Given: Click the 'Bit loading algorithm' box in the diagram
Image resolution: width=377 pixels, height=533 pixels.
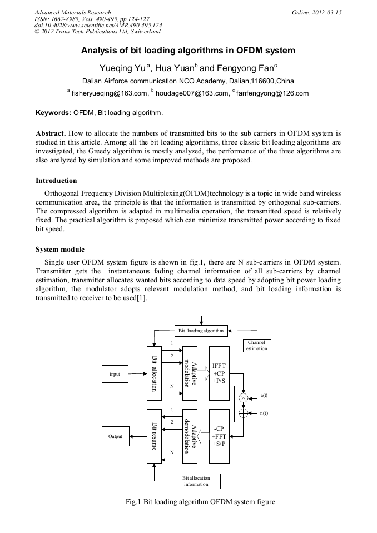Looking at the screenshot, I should pyautogui.click(x=201, y=331).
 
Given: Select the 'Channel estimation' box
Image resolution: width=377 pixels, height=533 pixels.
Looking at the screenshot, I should pyautogui.click(x=257, y=345).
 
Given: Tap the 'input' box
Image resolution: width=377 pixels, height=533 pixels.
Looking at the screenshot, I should pyautogui.click(x=115, y=374).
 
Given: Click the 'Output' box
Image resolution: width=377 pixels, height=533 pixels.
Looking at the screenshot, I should pyautogui.click(x=115, y=436).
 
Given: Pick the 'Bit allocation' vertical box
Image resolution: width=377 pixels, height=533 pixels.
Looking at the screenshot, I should pyautogui.click(x=154, y=370).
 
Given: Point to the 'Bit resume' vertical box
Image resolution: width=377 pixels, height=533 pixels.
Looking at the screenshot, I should pyautogui.click(x=154, y=436).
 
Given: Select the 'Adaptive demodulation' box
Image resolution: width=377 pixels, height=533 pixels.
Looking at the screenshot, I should pyautogui.click(x=190, y=436).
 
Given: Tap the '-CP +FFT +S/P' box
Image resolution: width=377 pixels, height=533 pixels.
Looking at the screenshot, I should pyautogui.click(x=219, y=436).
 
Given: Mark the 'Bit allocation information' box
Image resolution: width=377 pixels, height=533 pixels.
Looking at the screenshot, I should pyautogui.click(x=196, y=481).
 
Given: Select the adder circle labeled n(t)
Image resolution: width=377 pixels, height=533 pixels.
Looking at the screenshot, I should pyautogui.click(x=242, y=412).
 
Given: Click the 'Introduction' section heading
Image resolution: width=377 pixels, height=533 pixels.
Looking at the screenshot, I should pyautogui.click(x=56, y=181).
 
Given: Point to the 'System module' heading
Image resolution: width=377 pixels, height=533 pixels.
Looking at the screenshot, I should pyautogui.click(x=60, y=249).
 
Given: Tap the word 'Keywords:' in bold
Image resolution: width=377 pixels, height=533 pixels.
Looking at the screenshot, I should pyautogui.click(x=53, y=113).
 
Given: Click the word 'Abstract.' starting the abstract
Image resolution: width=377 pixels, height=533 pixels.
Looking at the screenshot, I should pyautogui.click(x=51, y=134).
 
